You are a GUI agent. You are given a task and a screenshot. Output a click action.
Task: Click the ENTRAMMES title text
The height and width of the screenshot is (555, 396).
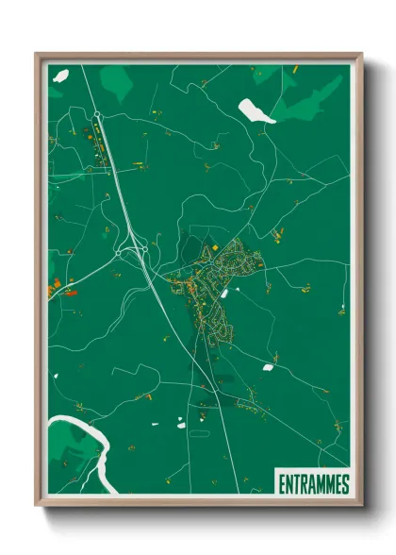[314, 484]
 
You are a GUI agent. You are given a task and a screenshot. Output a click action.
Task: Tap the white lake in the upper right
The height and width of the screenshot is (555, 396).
[256, 111]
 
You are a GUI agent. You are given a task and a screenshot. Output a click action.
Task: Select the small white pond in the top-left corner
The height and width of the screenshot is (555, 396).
[61, 75]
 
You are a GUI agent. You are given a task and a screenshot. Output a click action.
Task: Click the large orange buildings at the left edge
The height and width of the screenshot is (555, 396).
[54, 284]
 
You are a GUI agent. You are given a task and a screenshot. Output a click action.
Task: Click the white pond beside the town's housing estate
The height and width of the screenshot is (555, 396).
[225, 294]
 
